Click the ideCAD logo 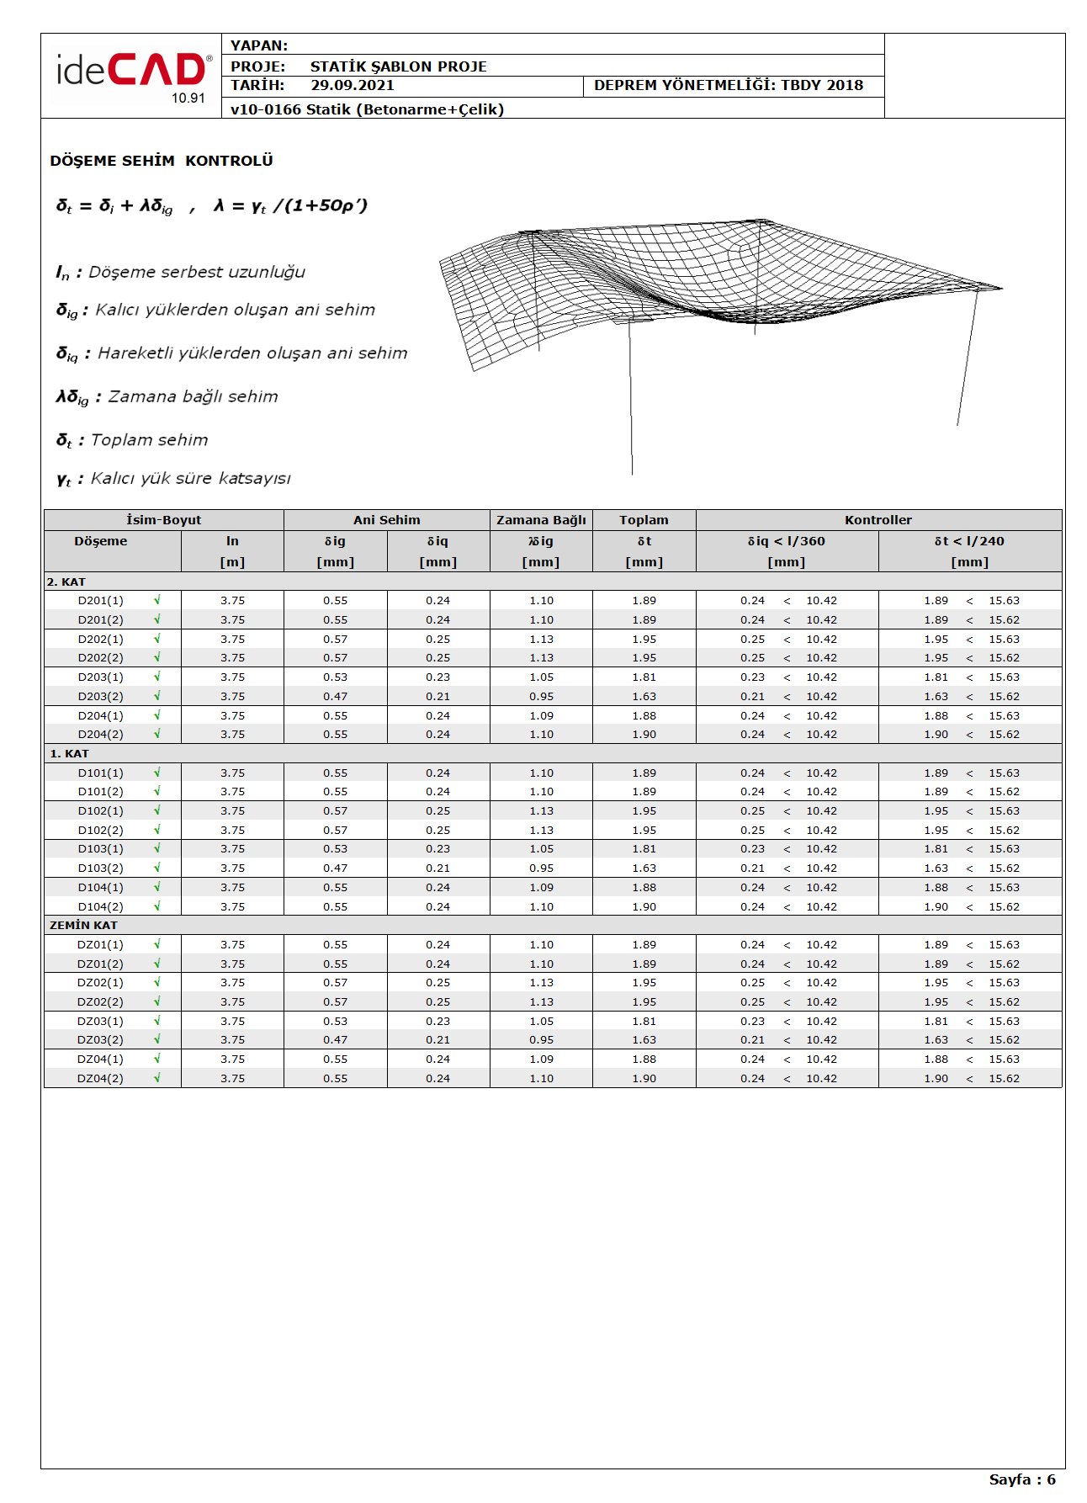tap(132, 74)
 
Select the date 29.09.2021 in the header tap(352, 85)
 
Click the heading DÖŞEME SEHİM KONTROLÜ tap(161, 161)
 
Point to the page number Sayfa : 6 tap(1021, 1479)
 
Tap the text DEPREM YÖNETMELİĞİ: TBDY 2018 tap(728, 85)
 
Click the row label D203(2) tap(100, 697)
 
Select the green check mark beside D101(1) tap(156, 773)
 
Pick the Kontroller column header tap(878, 520)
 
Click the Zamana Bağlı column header tap(541, 520)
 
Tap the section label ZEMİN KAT tap(83, 925)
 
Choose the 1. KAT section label tap(69, 753)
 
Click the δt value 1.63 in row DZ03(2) tap(644, 1040)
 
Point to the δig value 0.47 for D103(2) tap(335, 868)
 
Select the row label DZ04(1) tap(100, 1060)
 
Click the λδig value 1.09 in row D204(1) tap(541, 716)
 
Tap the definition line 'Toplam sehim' tap(149, 440)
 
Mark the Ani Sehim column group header tap(386, 520)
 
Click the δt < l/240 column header tap(969, 541)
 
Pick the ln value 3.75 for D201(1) tap(232, 601)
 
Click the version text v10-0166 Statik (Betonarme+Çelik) tap(367, 109)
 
